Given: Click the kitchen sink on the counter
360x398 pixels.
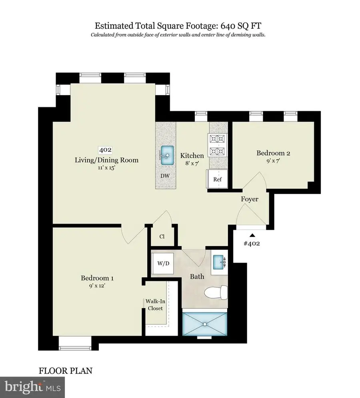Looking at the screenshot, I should coord(166,153).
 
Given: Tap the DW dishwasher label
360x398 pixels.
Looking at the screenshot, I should coord(164,175).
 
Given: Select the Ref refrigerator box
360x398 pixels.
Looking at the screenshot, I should coord(217,179).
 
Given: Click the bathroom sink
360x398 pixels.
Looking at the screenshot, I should coord(219,263).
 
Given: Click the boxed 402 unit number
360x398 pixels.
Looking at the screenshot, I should coord(106,150).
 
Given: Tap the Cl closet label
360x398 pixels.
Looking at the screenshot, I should coord(162,236).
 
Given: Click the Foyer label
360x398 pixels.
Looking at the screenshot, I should coord(250,199).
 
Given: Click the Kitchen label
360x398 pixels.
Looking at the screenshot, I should coord(192,155).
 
